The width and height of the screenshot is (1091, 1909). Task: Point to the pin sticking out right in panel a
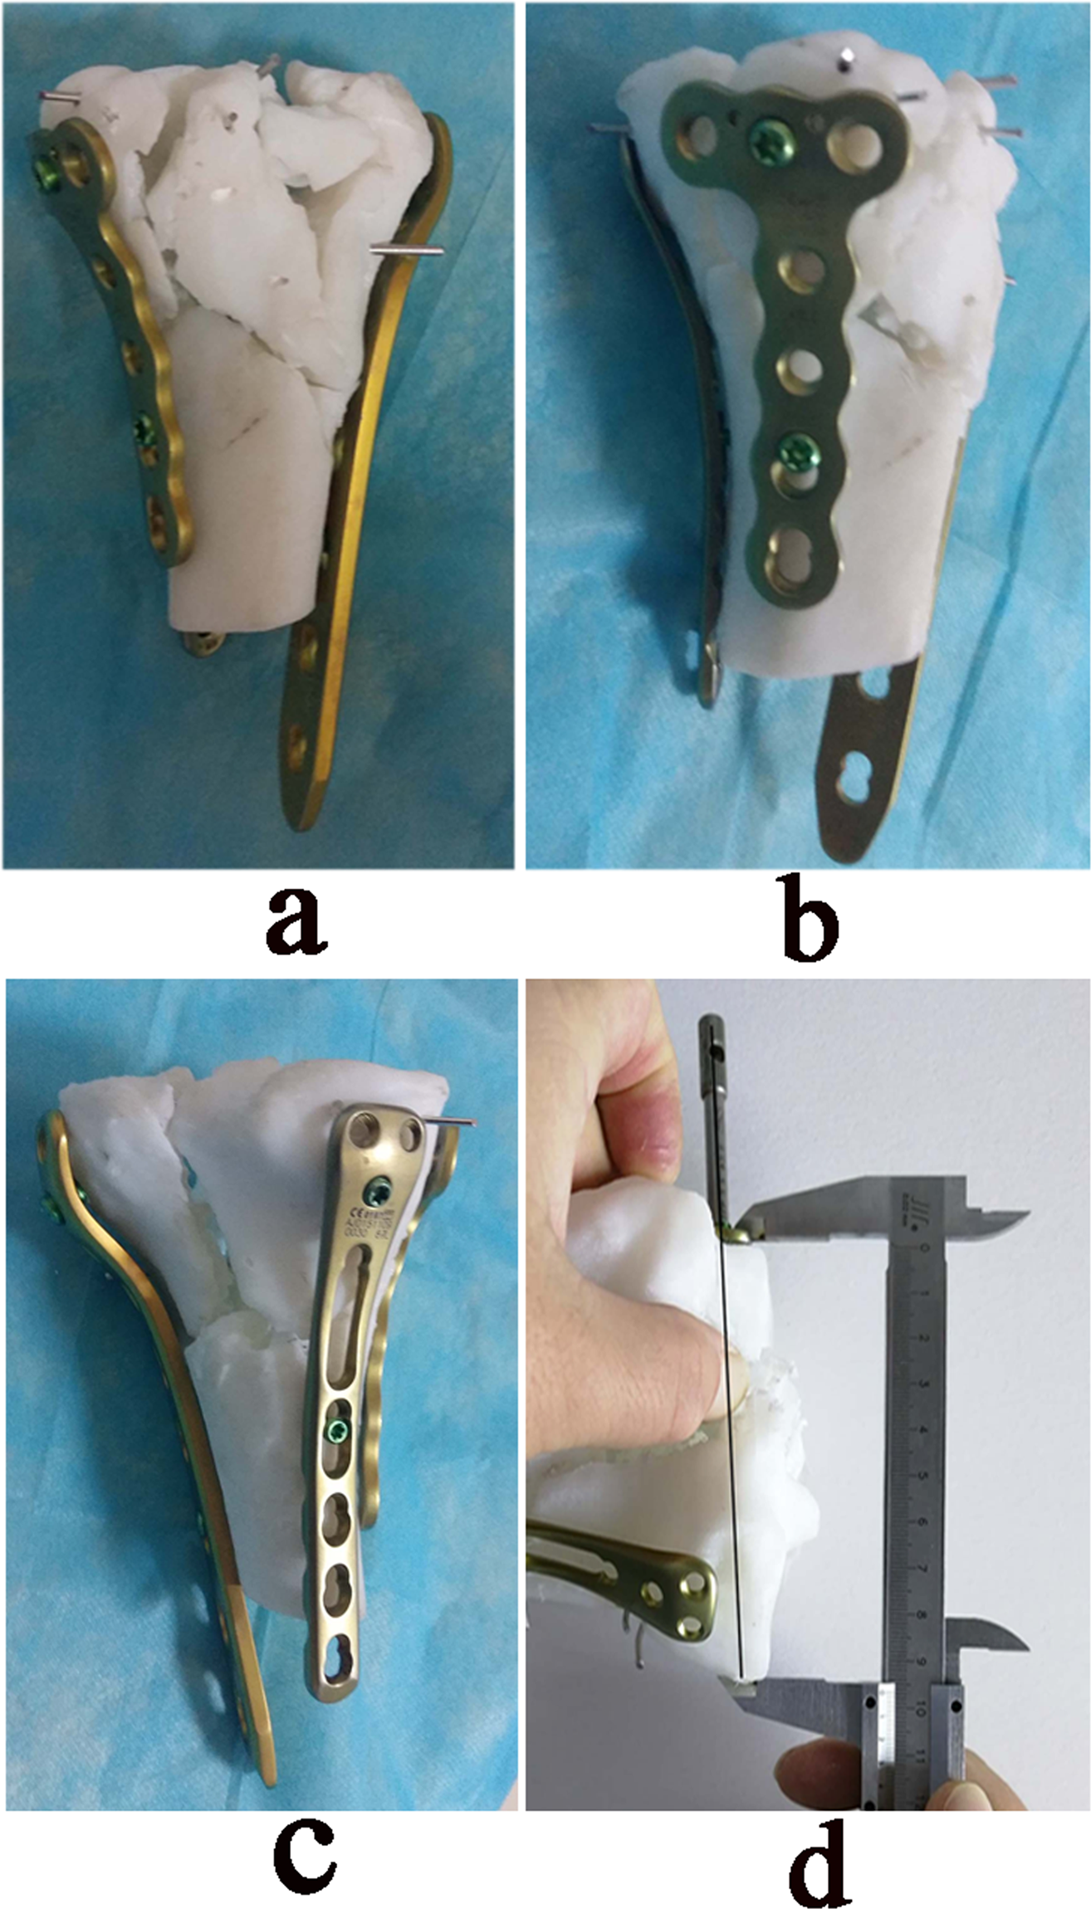(408, 249)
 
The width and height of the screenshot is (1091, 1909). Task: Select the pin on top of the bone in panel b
(845, 58)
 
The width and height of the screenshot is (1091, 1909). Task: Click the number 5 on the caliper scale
(922, 1476)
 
